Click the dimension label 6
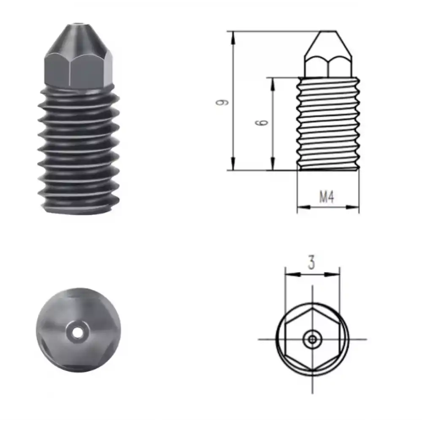262,122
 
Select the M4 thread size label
327,197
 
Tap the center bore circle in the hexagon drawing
312,339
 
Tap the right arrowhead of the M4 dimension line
355,207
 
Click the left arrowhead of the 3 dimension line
289,274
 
